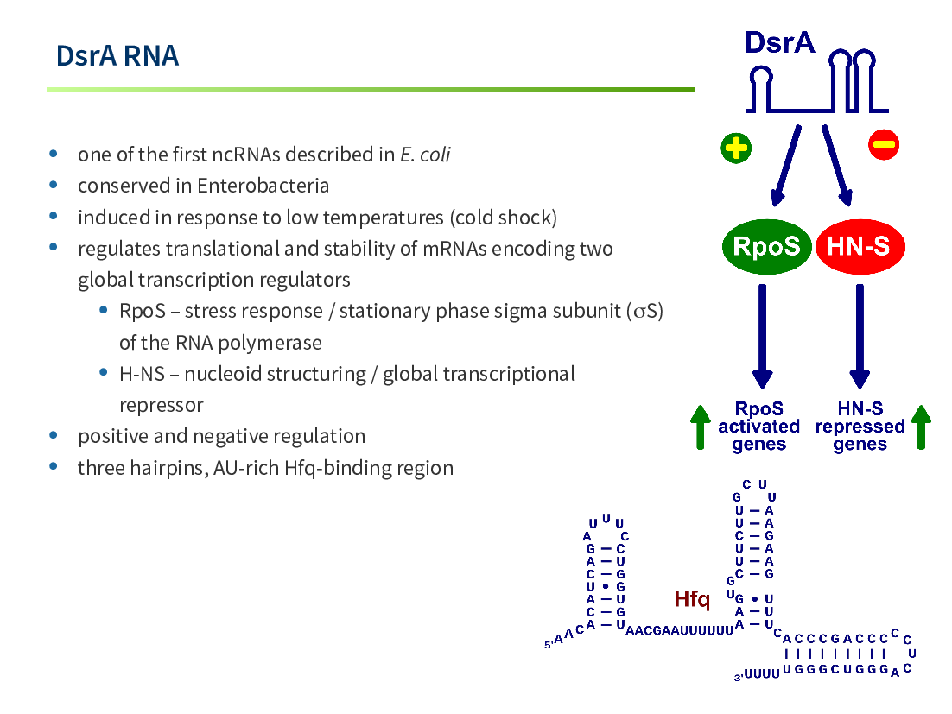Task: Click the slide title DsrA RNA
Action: click(117, 56)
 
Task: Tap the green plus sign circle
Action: click(736, 148)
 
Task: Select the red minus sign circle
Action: click(884, 144)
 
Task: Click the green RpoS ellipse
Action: click(767, 246)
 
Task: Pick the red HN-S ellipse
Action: click(859, 246)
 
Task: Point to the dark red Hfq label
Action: click(691, 599)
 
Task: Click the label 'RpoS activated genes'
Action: click(759, 427)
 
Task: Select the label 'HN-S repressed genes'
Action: click(860, 427)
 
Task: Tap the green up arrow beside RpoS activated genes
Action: click(700, 427)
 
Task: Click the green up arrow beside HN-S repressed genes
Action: click(921, 427)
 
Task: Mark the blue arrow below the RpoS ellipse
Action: click(763, 336)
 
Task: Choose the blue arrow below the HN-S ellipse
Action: click(860, 336)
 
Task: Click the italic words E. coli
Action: click(425, 155)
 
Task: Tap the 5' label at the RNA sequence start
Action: click(549, 644)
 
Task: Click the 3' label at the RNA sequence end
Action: click(739, 677)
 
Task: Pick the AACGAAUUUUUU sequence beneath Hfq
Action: click(680, 631)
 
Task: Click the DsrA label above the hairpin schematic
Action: click(779, 42)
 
